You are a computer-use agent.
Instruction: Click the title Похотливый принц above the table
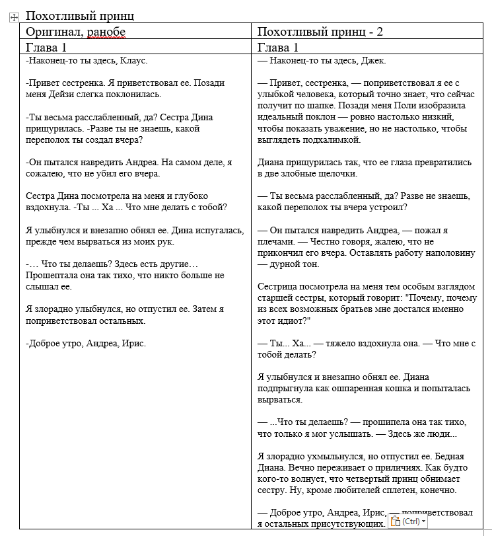click(x=79, y=16)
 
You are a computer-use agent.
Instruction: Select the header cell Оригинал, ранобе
click(x=75, y=32)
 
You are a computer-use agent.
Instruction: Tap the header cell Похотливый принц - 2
click(x=320, y=32)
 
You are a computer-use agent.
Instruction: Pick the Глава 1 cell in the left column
click(x=46, y=48)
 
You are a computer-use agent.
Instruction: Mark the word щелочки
click(x=335, y=174)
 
